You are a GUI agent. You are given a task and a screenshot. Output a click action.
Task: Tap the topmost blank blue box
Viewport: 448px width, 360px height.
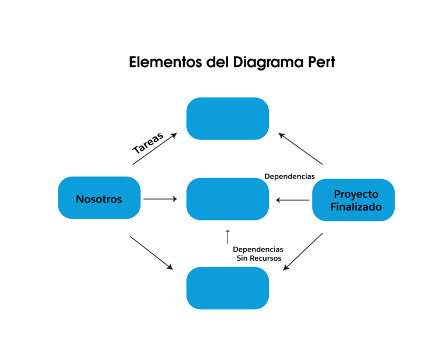pyautogui.click(x=228, y=118)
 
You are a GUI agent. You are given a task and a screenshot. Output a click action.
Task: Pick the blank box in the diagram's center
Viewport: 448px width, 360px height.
pyautogui.click(x=228, y=199)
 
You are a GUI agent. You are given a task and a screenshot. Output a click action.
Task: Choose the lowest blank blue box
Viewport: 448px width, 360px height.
pyautogui.click(x=228, y=288)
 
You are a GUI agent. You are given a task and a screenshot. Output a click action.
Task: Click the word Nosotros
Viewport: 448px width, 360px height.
pyautogui.click(x=99, y=200)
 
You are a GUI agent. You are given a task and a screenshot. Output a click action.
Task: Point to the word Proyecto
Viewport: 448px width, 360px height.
pyautogui.click(x=356, y=194)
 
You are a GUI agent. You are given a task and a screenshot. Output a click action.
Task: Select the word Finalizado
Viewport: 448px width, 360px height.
pyautogui.click(x=356, y=207)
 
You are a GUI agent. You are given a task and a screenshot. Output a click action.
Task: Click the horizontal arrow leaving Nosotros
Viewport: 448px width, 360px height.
pyautogui.click(x=160, y=199)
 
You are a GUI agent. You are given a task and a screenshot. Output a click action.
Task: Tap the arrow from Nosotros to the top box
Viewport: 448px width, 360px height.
pyautogui.click(x=155, y=149)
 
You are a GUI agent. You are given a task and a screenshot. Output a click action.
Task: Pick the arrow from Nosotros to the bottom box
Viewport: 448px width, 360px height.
pyautogui.click(x=151, y=253)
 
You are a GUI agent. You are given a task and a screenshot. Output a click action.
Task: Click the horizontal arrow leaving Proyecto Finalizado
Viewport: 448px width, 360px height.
pyautogui.click(x=293, y=200)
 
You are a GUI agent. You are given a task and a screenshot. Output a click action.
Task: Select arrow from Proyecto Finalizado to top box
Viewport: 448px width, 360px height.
pyautogui.click(x=300, y=149)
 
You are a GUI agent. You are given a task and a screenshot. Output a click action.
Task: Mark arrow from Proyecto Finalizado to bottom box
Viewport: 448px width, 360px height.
pyautogui.click(x=303, y=252)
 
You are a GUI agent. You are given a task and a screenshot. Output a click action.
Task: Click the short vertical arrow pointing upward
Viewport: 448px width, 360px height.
pyautogui.click(x=228, y=237)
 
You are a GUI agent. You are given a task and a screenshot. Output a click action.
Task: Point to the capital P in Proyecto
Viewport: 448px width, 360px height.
pyautogui.click(x=337, y=194)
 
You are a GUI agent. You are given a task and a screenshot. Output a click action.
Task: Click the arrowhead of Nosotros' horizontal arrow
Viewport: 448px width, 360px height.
pyautogui.click(x=174, y=199)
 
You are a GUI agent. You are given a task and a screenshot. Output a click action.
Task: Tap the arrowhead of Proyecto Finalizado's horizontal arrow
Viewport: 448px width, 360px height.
pyautogui.click(x=278, y=200)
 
